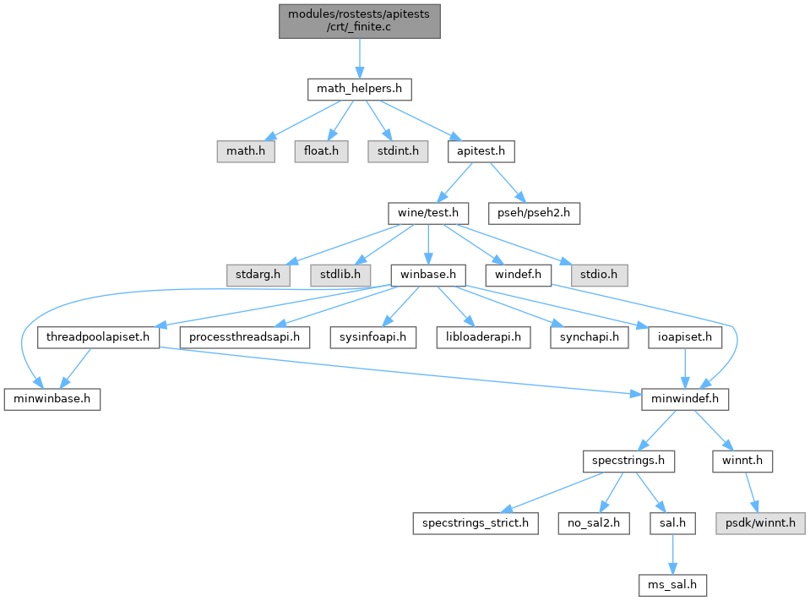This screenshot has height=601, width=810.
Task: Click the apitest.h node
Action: (x=481, y=151)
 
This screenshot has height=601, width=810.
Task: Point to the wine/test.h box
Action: (x=428, y=213)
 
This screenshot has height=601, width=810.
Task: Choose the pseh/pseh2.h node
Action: (x=535, y=213)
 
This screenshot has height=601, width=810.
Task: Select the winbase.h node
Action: (x=428, y=275)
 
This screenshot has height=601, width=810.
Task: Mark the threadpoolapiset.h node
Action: (x=100, y=337)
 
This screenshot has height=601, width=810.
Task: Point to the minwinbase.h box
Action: (x=52, y=399)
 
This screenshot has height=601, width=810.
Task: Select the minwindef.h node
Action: (x=685, y=399)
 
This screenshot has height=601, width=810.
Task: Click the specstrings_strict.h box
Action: (x=475, y=523)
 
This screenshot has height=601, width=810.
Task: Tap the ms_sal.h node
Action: (x=672, y=585)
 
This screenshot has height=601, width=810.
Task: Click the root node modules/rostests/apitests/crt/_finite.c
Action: (x=359, y=19)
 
